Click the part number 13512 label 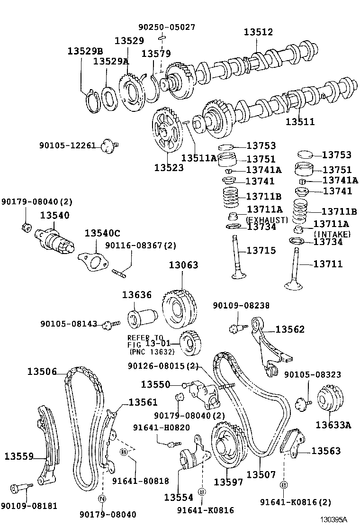pos(258,32)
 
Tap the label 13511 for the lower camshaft pos(300,122)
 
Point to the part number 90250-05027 pos(167,27)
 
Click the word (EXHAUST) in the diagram pos(267,220)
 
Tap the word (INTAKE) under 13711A pos(332,234)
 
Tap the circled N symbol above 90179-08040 pos(102,498)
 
